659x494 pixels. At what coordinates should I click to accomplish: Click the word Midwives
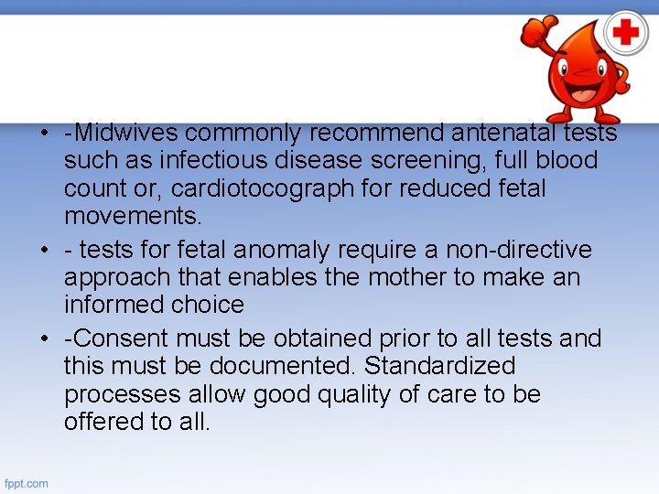click(124, 133)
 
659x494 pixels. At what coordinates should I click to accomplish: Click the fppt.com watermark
click(27, 482)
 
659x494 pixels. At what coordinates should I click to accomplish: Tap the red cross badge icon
click(626, 34)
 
